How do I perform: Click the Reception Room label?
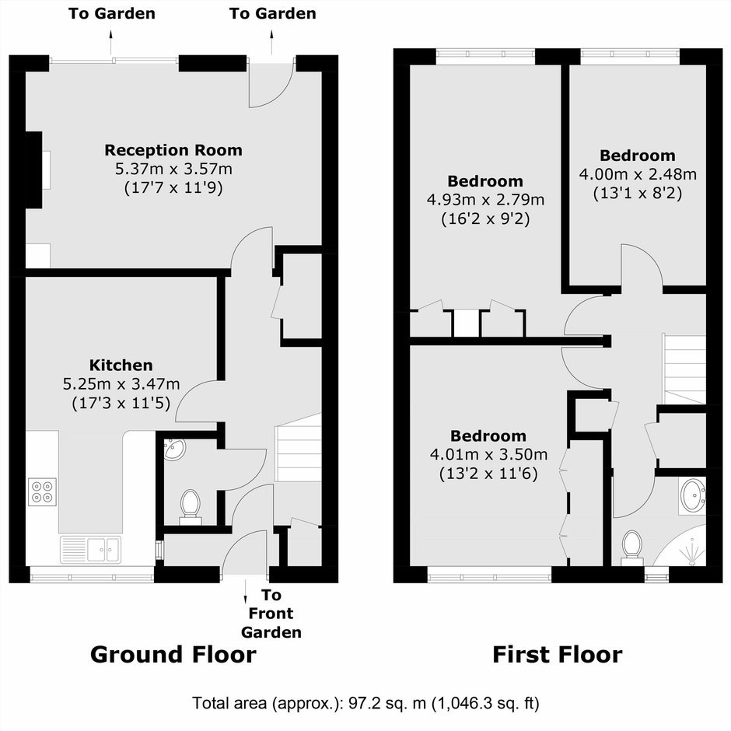173,150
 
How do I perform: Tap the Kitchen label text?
121,365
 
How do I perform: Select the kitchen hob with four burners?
42,491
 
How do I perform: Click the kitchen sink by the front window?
90,549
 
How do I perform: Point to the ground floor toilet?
191,507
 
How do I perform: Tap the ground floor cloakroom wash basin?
174,449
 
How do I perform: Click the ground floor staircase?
299,448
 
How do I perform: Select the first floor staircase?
684,369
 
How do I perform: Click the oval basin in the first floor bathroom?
693,495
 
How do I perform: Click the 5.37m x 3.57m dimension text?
173,169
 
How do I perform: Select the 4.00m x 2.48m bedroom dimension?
638,174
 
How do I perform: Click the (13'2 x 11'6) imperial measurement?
488,474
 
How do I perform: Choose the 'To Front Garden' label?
271,614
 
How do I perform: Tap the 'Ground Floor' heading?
173,655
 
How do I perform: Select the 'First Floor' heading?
558,655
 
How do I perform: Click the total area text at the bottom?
365,703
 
